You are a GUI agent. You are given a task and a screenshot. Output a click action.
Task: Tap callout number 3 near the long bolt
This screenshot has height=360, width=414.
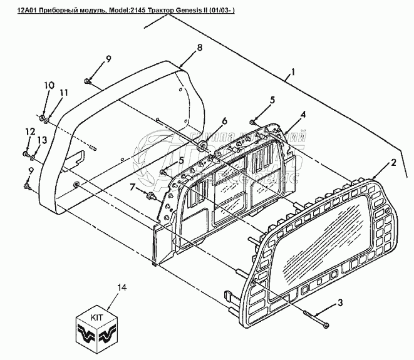tap(340, 304)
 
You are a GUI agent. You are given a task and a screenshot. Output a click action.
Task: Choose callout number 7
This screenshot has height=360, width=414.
tap(133, 187)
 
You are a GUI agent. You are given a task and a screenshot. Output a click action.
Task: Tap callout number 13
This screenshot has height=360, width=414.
tap(42, 140)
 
